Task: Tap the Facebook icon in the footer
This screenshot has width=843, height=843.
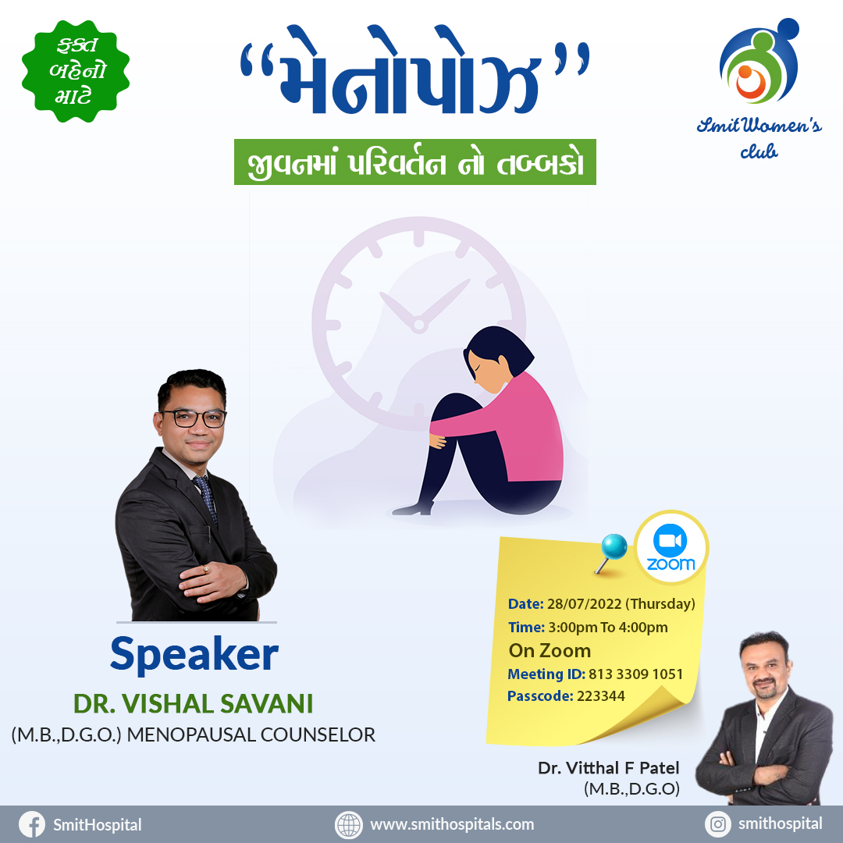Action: (x=32, y=824)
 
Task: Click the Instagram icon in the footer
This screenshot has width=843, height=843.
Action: (x=718, y=824)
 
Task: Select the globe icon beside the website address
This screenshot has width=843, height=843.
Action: (x=348, y=825)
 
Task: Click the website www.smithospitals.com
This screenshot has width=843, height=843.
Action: (x=452, y=824)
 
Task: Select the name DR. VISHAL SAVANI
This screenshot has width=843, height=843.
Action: (x=193, y=704)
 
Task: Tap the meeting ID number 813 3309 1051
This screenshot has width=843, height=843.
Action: (x=635, y=674)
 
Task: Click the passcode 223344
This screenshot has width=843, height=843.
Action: (x=600, y=696)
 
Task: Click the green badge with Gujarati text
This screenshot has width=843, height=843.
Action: (x=76, y=71)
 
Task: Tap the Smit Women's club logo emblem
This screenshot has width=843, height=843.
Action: (x=759, y=61)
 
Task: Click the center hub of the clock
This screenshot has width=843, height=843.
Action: (x=419, y=325)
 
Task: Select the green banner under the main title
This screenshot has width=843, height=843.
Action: (x=415, y=162)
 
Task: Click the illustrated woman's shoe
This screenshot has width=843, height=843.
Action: (x=413, y=509)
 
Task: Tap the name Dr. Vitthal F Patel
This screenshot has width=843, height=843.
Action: (x=609, y=768)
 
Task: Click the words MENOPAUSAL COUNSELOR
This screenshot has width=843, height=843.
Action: (x=251, y=735)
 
